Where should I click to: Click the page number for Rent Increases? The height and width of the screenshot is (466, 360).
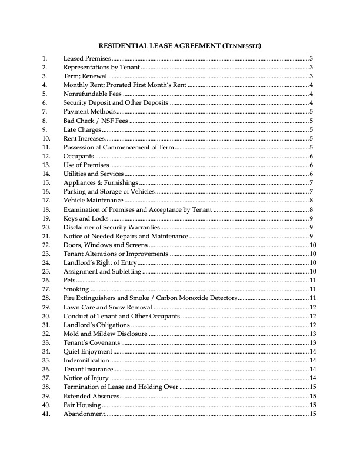pyautogui.click(x=311, y=138)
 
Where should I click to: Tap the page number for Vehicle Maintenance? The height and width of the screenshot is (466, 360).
pyautogui.click(x=311, y=201)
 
